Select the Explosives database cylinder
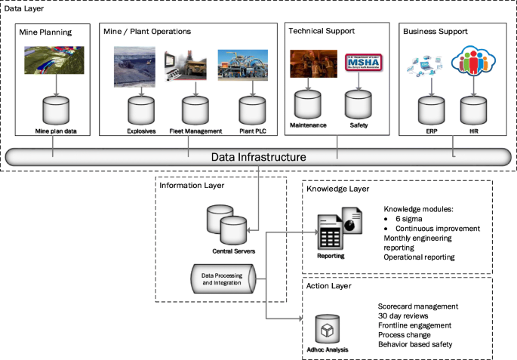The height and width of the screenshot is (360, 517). coord(140,110)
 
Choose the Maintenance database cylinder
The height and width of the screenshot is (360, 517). coord(308,103)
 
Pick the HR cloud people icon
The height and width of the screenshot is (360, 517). coord(473,64)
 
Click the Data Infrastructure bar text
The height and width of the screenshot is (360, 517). coord(258,157)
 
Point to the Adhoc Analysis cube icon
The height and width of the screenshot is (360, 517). coord(327,331)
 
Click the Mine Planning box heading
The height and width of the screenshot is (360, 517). coord(47,32)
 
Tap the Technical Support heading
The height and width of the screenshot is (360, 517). coord(322,32)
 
